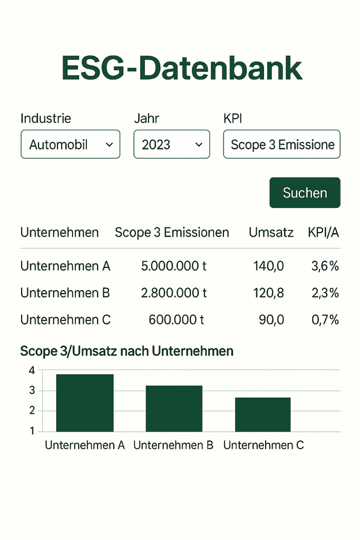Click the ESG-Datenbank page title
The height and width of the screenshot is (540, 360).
coord(182,68)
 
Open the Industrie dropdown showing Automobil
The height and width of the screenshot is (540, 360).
coord(71,144)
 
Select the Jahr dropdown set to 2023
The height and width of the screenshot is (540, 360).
coord(172,144)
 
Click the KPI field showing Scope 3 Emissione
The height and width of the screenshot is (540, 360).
coord(282,144)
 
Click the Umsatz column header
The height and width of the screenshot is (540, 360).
coord(271,233)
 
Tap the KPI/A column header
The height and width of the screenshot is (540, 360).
coord(324,233)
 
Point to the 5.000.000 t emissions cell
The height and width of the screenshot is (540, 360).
coord(174,266)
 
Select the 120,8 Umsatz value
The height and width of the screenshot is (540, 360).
coord(269,293)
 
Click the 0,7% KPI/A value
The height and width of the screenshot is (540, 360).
coord(325,320)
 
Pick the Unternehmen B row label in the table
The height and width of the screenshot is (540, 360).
coord(65,293)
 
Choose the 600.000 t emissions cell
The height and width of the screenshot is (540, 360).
coord(176,320)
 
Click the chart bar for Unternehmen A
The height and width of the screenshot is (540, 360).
coord(85,403)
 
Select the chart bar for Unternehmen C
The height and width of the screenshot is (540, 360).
coord(263,414)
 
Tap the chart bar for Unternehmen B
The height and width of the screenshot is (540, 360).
coord(174,409)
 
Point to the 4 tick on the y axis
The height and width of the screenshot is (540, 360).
coord(32,371)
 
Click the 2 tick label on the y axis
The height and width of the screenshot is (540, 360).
coord(32,410)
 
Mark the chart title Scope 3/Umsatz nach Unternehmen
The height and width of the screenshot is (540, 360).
coord(127,351)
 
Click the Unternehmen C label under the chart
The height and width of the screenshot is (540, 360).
coord(264,445)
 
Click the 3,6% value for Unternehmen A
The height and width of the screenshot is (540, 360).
coord(325,266)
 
